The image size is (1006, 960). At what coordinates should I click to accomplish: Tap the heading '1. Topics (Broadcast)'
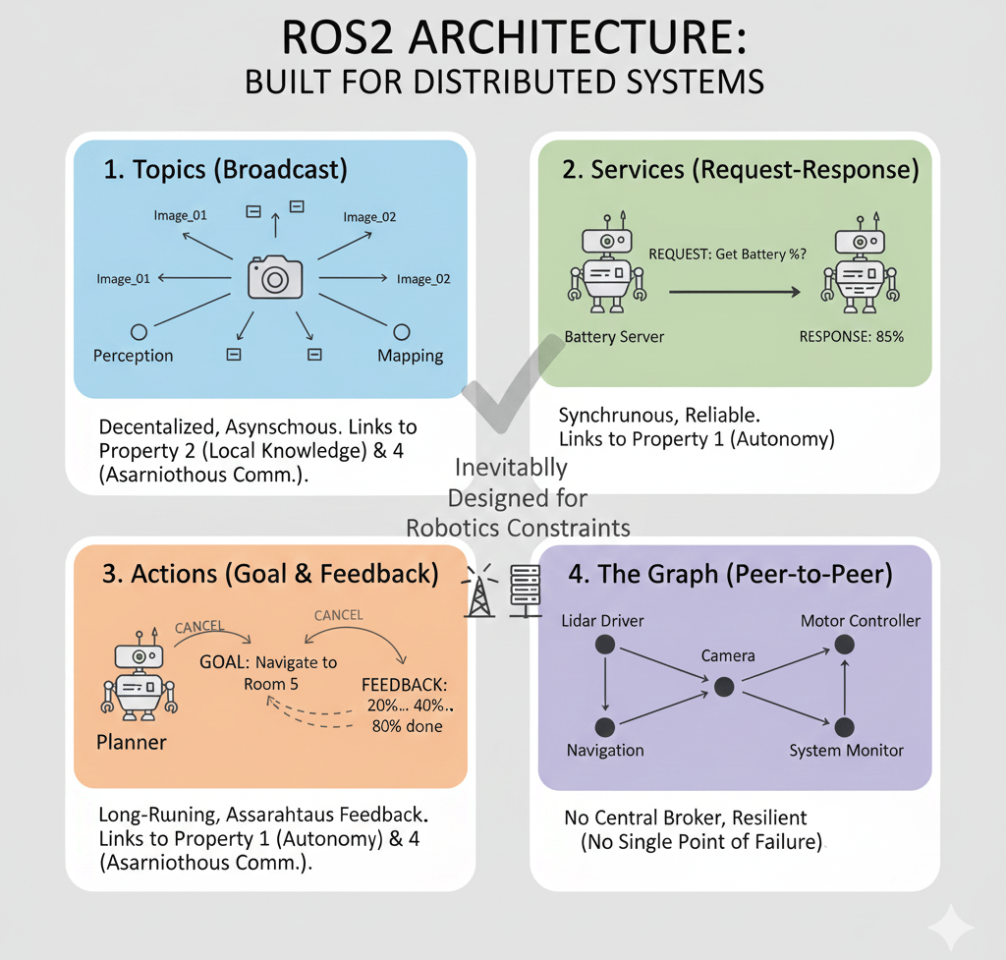[226, 170]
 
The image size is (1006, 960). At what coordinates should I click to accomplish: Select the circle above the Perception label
[138, 332]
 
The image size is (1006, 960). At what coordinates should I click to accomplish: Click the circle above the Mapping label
[401, 332]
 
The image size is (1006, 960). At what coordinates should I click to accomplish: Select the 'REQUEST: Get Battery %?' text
[728, 253]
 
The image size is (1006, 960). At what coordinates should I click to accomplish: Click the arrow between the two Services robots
[732, 291]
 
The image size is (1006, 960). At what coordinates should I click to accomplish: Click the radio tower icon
[480, 591]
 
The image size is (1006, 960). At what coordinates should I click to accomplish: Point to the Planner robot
[137, 678]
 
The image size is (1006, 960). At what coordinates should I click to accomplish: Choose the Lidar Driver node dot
[605, 645]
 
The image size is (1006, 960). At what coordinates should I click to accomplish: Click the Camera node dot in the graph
[724, 686]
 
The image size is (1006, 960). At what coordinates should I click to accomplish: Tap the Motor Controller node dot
[843, 645]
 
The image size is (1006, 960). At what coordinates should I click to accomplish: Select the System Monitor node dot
[843, 727]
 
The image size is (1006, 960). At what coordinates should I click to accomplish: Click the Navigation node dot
[605, 727]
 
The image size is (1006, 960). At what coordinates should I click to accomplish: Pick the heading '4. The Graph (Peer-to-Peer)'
[730, 575]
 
